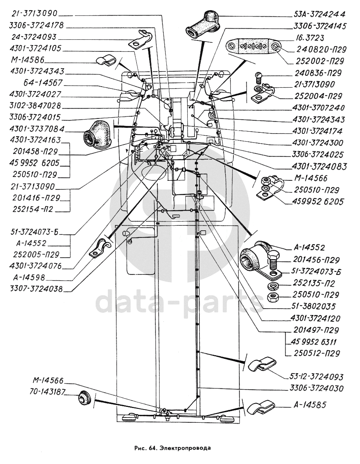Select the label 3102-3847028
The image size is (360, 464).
35,106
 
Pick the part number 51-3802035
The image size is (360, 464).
313,307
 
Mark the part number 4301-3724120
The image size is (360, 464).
315,318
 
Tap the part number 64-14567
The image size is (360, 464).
43,83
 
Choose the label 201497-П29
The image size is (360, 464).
316,330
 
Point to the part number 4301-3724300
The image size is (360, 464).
318,143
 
